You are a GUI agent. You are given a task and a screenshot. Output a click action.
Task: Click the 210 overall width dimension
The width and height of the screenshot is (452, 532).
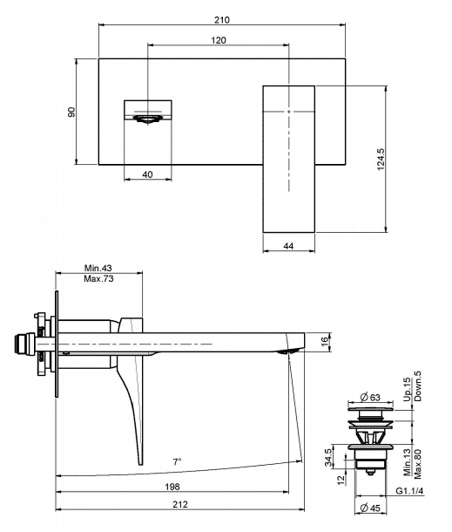(x=221, y=20)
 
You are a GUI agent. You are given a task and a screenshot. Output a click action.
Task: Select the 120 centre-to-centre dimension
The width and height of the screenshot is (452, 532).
(x=219, y=40)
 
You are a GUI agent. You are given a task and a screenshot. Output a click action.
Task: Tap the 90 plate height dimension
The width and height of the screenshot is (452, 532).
(x=71, y=112)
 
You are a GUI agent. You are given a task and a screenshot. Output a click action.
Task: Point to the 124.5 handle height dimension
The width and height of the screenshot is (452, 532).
(x=381, y=159)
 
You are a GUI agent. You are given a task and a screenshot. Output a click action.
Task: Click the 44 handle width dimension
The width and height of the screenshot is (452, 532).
(x=288, y=246)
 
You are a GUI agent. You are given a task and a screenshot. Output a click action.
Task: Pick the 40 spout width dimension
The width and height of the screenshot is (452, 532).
(x=147, y=174)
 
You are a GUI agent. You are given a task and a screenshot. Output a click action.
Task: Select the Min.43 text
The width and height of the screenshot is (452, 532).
(x=98, y=268)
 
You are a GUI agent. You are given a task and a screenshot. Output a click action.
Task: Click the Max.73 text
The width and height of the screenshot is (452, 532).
(x=98, y=279)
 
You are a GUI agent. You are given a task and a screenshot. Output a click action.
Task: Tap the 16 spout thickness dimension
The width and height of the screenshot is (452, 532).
(x=325, y=341)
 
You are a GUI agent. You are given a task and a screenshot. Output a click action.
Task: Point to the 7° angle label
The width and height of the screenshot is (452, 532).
(x=177, y=461)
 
